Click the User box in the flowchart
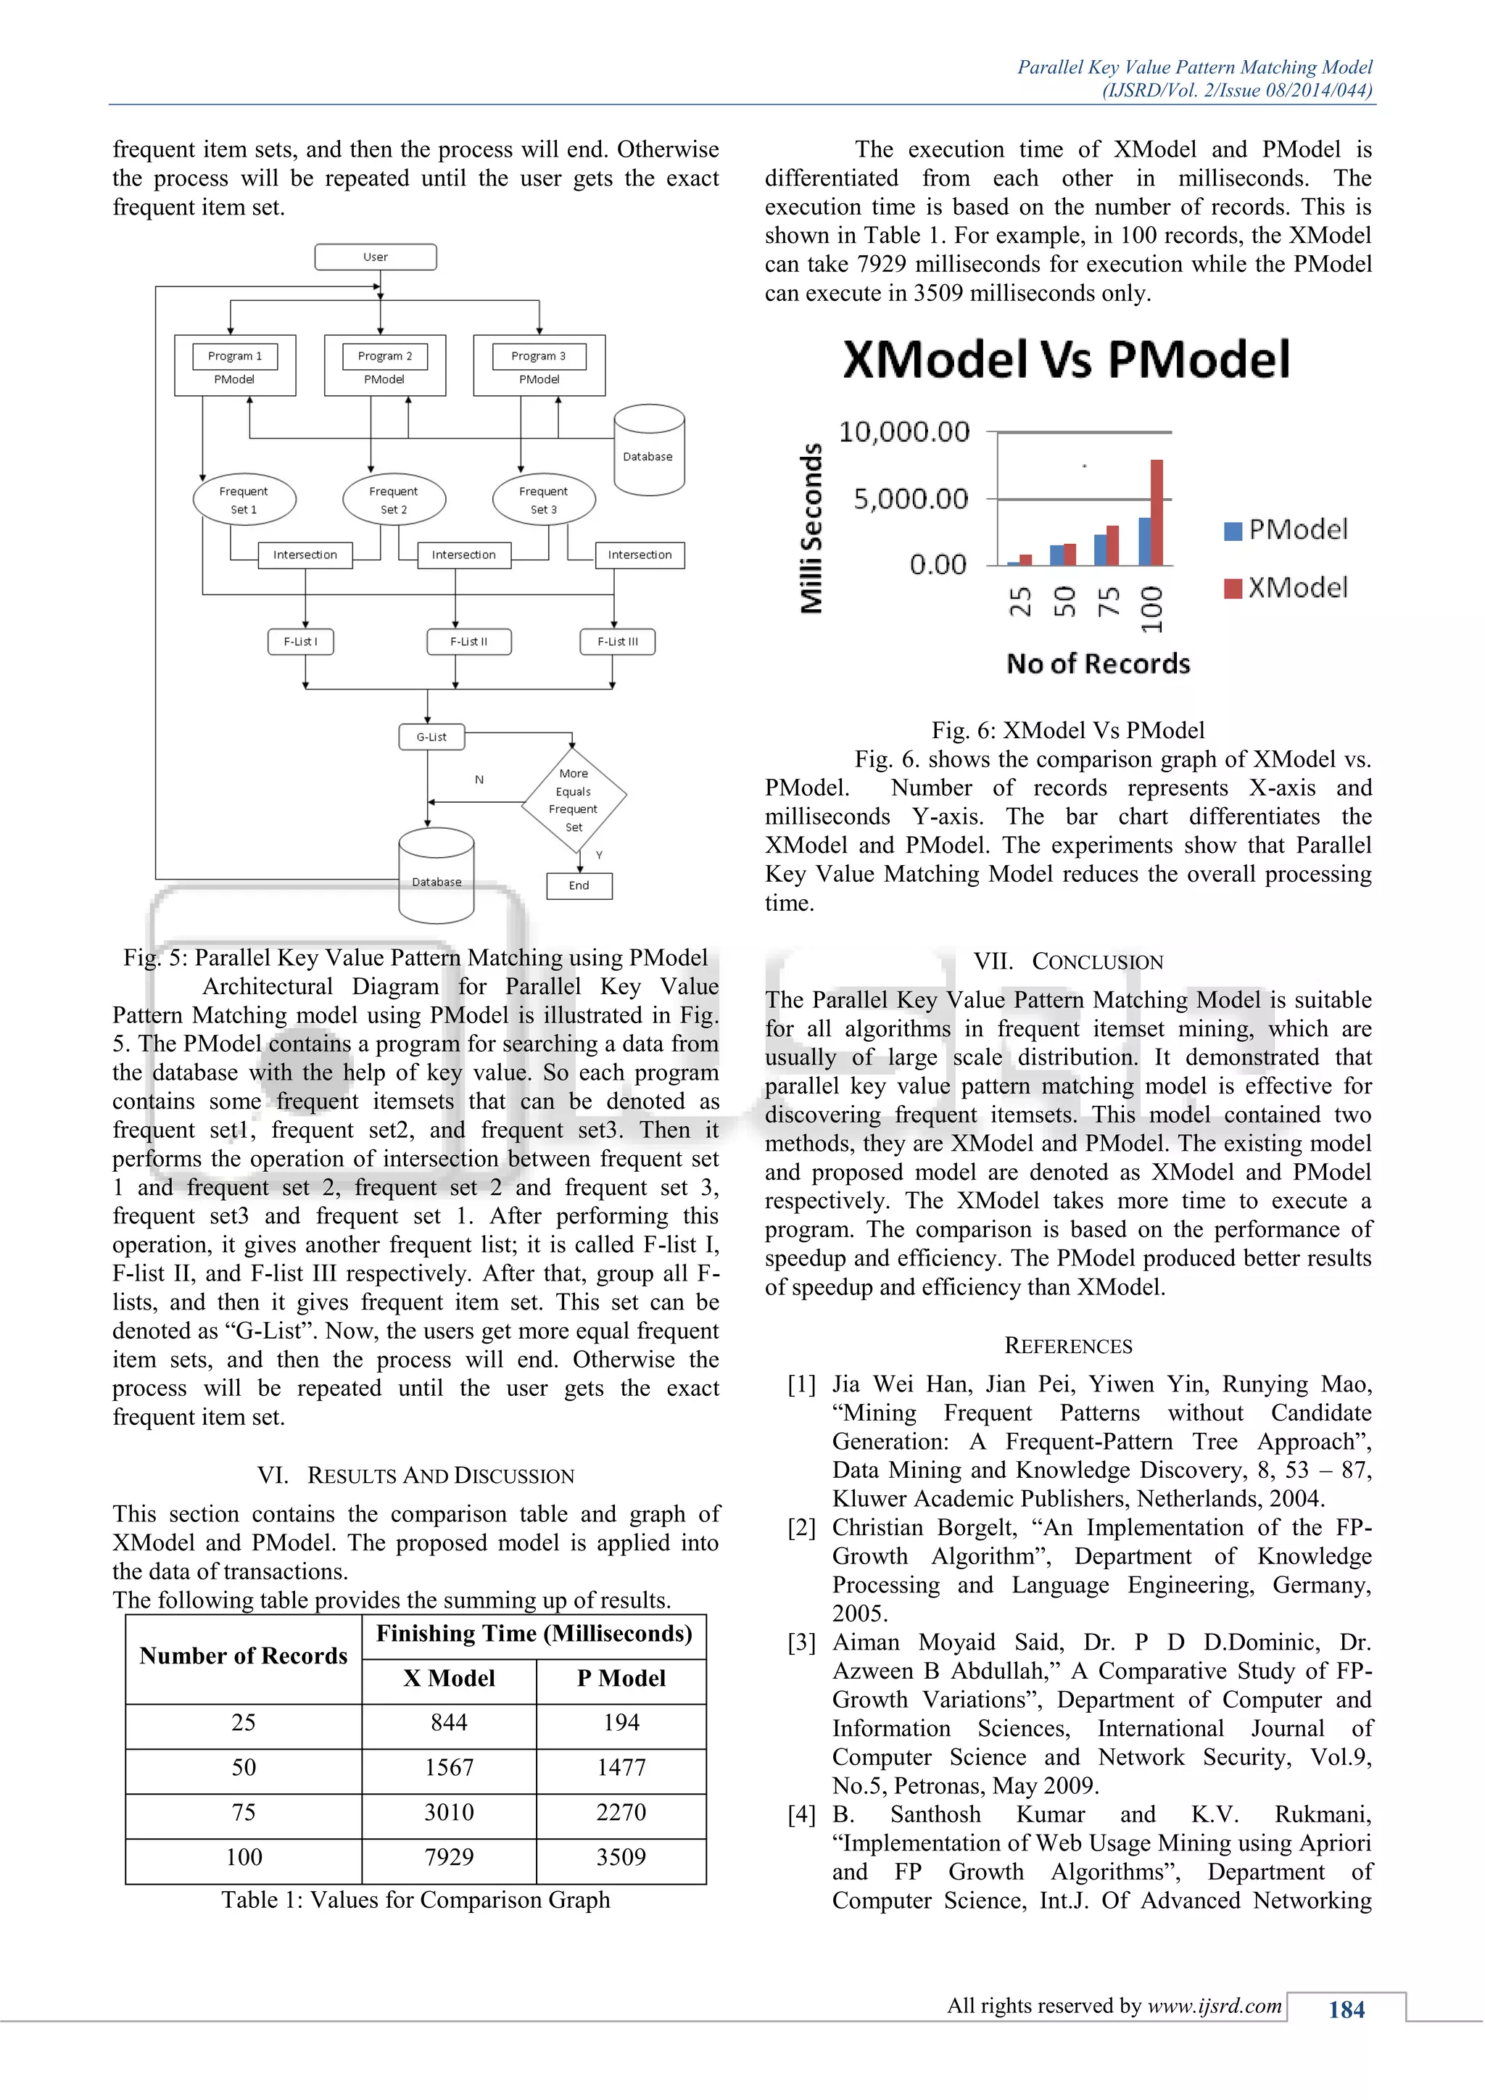(x=375, y=257)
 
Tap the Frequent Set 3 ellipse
(x=543, y=500)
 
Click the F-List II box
(x=468, y=641)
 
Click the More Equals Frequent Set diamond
(x=574, y=801)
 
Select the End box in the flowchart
(x=579, y=885)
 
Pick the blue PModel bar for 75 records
(x=1100, y=550)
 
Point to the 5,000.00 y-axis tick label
(x=910, y=500)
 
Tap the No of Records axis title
(x=1099, y=664)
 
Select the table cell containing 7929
(x=449, y=1856)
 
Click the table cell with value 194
(x=621, y=1722)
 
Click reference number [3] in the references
(x=802, y=1642)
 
